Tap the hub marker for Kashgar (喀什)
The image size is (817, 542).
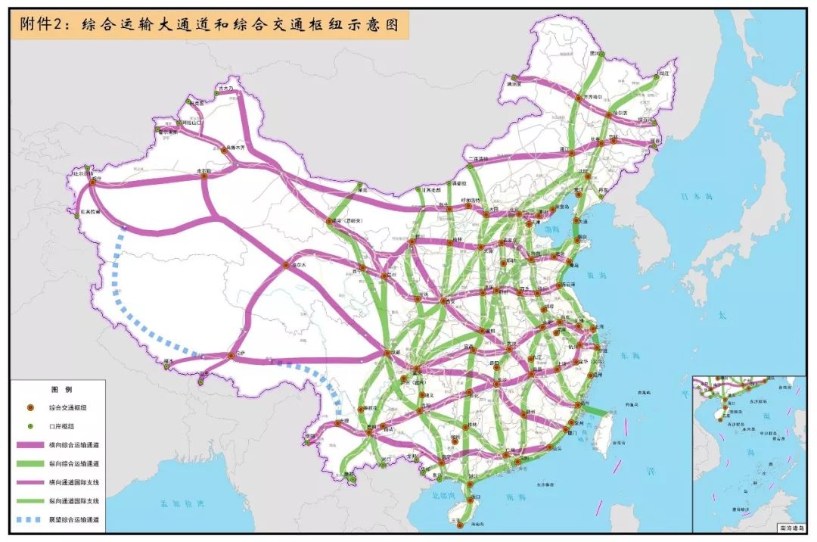click(x=92, y=182)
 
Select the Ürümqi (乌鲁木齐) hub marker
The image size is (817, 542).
click(x=225, y=151)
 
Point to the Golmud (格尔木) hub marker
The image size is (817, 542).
click(x=287, y=266)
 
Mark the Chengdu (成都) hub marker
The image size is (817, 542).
click(x=385, y=354)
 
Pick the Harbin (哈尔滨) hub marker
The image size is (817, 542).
click(x=609, y=115)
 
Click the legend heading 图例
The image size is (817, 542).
click(x=61, y=388)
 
